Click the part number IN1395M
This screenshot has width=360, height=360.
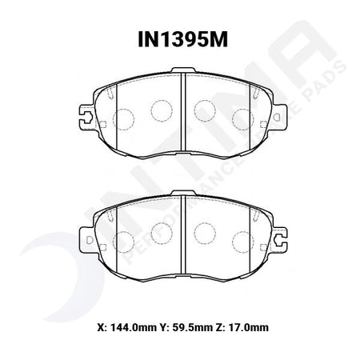pyautogui.click(x=182, y=40)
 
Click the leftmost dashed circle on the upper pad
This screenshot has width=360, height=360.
pyautogui.click(x=123, y=120)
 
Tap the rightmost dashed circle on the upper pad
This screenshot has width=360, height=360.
pyautogui.click(x=243, y=120)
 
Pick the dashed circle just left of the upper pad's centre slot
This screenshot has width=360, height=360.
pyautogui.click(x=162, y=110)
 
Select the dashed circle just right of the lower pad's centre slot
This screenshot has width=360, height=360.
pyautogui.click(x=205, y=233)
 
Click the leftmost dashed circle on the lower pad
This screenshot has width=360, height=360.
pyautogui.click(x=123, y=242)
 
